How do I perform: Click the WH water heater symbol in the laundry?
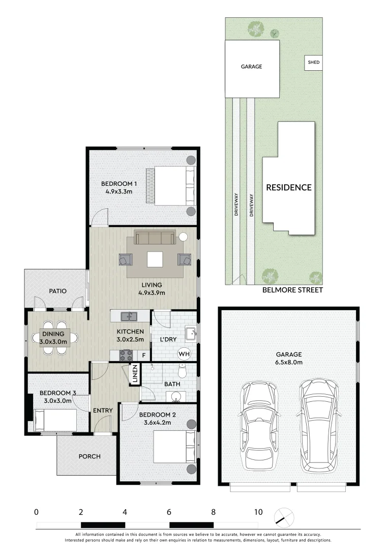(x=184, y=353)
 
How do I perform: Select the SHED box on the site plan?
(x=314, y=63)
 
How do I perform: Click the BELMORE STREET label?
(x=292, y=290)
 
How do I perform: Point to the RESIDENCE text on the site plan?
(x=289, y=187)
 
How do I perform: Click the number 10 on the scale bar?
(x=258, y=512)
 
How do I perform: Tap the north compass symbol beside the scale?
(x=283, y=517)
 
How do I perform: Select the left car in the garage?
(x=259, y=426)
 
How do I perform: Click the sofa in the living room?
(x=155, y=237)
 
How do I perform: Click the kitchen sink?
(x=128, y=317)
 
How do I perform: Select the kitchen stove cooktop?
(x=126, y=354)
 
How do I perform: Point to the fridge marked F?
(x=144, y=355)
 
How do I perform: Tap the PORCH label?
(x=89, y=456)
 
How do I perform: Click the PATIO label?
(x=58, y=291)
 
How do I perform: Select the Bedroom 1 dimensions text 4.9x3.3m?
(x=119, y=192)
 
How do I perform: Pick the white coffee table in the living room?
(x=155, y=259)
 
